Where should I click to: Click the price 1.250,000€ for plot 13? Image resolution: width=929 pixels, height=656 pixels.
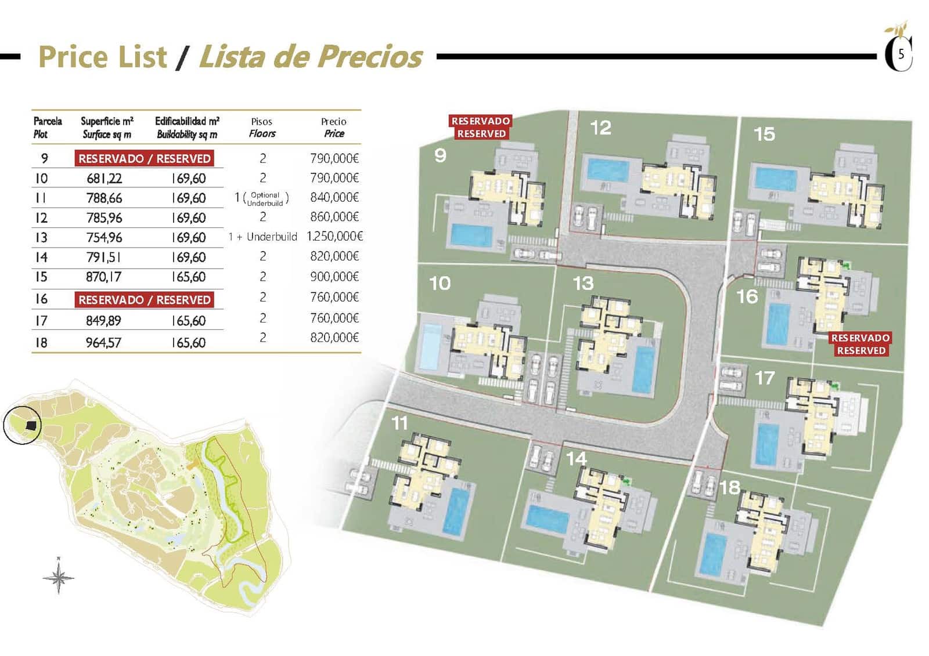point(334,237)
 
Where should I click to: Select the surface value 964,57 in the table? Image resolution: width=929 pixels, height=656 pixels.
point(104,343)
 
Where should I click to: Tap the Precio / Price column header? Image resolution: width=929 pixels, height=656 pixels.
point(334,128)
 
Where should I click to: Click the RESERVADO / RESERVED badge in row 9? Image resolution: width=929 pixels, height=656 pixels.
point(145,158)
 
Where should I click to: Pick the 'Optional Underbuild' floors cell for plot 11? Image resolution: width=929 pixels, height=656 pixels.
point(262,198)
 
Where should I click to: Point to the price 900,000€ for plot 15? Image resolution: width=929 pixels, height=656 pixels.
point(334,277)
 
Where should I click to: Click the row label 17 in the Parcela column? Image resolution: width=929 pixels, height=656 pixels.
point(41,321)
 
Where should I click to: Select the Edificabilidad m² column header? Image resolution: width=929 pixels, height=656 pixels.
point(187,128)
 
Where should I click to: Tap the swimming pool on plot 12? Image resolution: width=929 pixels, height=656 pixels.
point(607,170)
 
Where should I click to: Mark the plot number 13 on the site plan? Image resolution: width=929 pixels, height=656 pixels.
point(583,283)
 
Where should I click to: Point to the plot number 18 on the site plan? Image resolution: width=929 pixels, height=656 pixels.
point(729,487)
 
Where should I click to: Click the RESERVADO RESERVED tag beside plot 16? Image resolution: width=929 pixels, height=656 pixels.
point(860,344)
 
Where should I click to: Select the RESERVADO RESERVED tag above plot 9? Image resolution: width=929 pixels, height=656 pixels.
point(481,127)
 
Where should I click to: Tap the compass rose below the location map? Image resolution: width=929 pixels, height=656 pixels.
point(59,577)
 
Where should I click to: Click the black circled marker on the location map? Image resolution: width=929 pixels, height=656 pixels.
point(22,425)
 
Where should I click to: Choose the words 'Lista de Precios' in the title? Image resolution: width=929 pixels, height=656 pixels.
point(311,57)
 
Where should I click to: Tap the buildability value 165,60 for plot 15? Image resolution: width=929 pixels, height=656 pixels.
point(189,277)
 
